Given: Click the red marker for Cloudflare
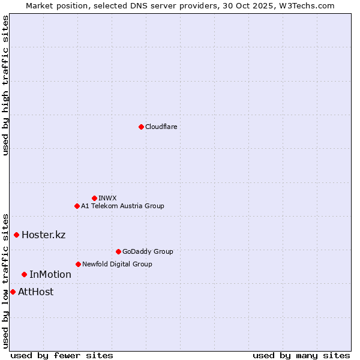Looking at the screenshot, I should click(x=141, y=127).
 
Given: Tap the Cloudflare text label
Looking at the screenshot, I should click(x=161, y=127).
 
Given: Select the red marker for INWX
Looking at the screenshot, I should click(x=94, y=198).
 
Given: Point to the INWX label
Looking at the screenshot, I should click(x=107, y=198).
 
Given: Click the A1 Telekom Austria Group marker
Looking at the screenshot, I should click(x=77, y=206).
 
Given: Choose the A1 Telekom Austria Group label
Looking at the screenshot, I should click(x=122, y=206).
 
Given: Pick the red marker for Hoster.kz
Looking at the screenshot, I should click(x=16, y=235).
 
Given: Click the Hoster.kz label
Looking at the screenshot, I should click(x=43, y=235).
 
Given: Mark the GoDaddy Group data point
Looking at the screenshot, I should click(x=118, y=251).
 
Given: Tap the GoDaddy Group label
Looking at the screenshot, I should click(x=148, y=251).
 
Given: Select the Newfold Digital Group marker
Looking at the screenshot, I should click(x=78, y=264).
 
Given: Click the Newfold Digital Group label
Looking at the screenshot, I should click(x=117, y=264).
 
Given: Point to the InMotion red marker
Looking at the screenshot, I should click(x=24, y=274).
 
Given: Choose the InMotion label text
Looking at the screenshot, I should click(x=50, y=275).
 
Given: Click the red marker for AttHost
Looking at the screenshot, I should click(x=13, y=292).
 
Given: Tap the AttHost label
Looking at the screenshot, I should click(x=36, y=292).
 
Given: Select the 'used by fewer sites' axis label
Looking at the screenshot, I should click(x=62, y=355).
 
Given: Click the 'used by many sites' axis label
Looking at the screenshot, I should click(x=301, y=355).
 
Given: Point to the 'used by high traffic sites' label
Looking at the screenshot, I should click(x=5, y=85).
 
